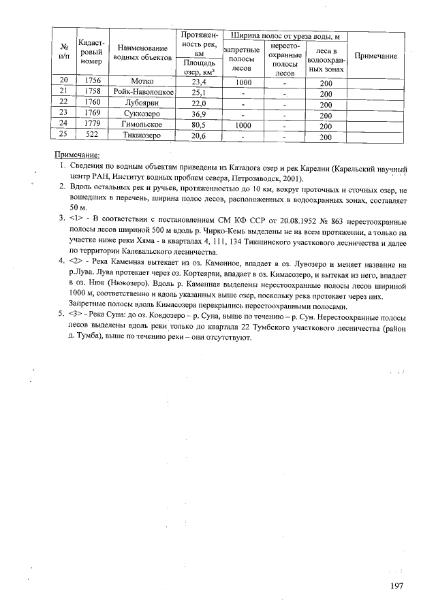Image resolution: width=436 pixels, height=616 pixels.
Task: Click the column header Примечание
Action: pyautogui.click(x=376, y=55)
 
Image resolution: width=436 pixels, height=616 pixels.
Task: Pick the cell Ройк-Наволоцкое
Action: pyautogui.click(x=144, y=92)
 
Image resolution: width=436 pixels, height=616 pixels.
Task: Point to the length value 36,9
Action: pyautogui.click(x=199, y=113)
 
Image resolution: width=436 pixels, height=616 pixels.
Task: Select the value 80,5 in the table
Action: pyautogui.click(x=199, y=125)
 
